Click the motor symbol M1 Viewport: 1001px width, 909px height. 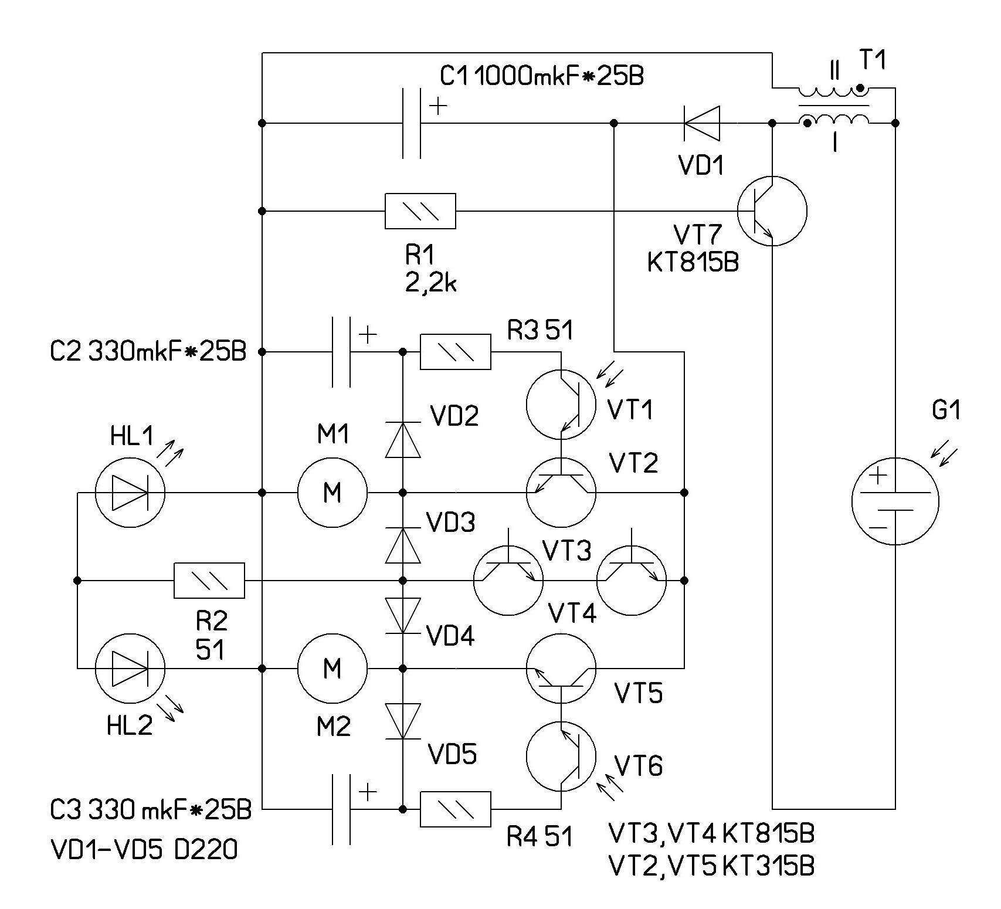coord(332,492)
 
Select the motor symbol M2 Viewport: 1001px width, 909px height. coord(332,668)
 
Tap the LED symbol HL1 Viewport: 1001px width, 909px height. coord(130,493)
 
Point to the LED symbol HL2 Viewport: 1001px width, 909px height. coord(130,668)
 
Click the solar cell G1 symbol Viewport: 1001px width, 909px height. coord(895,501)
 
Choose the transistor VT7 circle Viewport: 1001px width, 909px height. coord(772,211)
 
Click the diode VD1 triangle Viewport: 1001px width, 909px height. coord(702,123)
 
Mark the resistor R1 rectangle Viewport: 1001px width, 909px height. coord(420,211)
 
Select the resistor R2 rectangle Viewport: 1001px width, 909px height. coord(209,581)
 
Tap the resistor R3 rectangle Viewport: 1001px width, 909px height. coord(456,352)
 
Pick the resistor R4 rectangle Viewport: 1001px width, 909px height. coord(456,809)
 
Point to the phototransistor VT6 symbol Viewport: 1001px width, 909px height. coord(561,757)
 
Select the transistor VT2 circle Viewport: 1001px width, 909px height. coord(561,492)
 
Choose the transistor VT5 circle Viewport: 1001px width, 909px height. coord(561,668)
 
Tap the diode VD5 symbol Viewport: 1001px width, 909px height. coord(403,721)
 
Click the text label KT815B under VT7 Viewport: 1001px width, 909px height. coord(693,262)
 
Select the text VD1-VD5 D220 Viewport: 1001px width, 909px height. coord(144,848)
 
